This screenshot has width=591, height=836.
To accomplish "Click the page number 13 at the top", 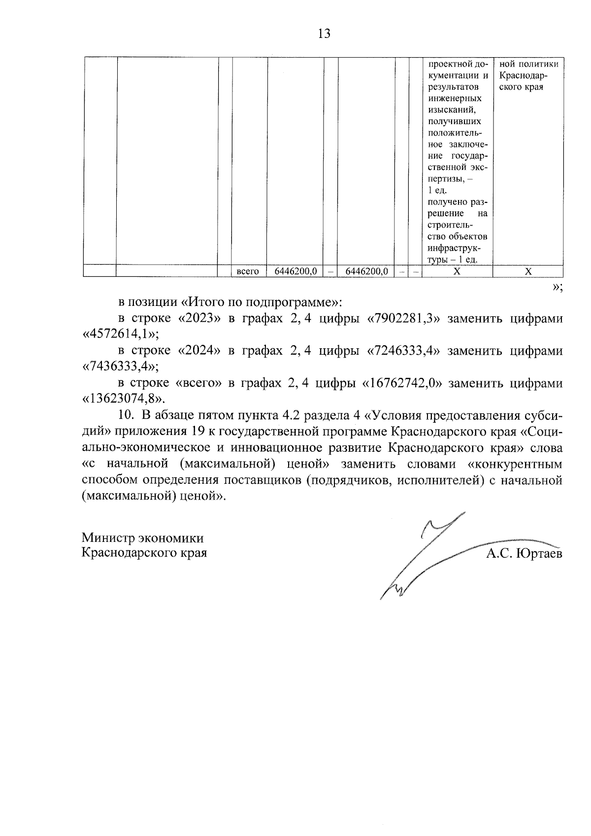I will click(324, 33).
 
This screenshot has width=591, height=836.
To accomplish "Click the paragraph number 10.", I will click(126, 415).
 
